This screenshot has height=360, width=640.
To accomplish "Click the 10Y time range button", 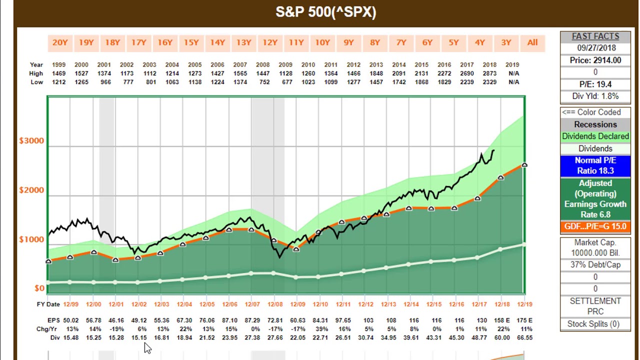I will click(x=322, y=43).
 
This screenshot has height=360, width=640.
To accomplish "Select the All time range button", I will click(x=532, y=43).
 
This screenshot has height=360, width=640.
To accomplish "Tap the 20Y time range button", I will click(x=60, y=43).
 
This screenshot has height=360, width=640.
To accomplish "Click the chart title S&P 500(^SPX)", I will click(x=325, y=12).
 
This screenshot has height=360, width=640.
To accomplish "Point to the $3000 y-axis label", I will click(x=31, y=140).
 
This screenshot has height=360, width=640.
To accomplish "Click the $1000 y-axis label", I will click(x=31, y=239).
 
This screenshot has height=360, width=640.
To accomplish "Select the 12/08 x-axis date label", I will click(x=275, y=304).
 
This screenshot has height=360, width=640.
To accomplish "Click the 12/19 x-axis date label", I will click(x=524, y=304).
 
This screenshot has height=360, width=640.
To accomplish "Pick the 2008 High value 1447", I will click(x=262, y=73).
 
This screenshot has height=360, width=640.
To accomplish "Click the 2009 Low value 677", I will click(x=286, y=82).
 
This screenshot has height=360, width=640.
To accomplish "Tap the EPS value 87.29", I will click(x=252, y=320).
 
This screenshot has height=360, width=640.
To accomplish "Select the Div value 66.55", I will click(x=524, y=337).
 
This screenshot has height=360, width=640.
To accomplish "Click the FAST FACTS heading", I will click(x=595, y=36).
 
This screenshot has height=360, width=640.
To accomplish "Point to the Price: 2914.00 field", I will click(x=595, y=60).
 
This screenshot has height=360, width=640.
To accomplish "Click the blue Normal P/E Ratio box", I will click(x=595, y=165).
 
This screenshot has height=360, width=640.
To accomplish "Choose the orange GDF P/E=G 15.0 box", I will click(x=595, y=226).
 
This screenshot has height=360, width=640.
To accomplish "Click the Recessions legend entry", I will click(x=595, y=124).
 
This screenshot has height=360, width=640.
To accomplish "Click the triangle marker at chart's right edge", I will click(x=524, y=164).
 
